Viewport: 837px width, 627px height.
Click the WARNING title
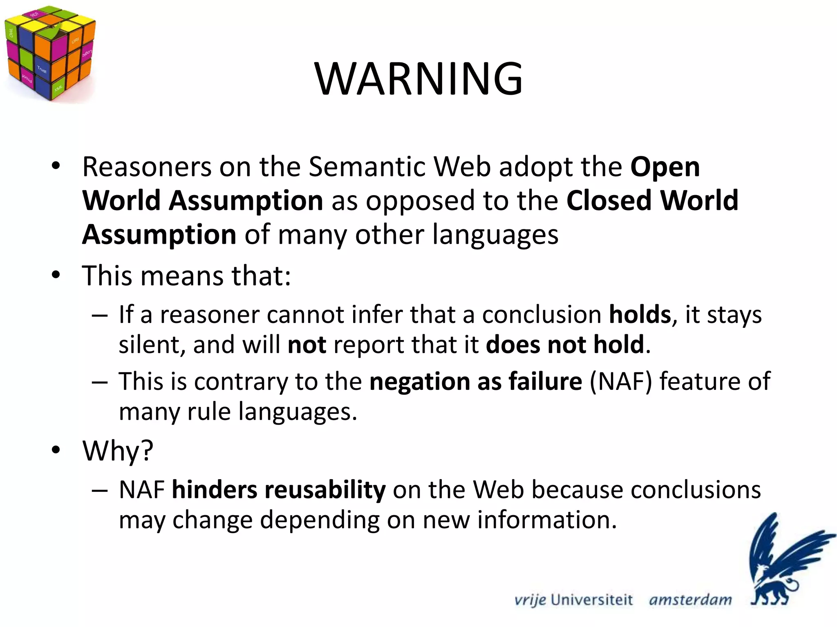pyautogui.click(x=418, y=78)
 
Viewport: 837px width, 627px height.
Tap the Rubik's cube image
pyautogui.click(x=50, y=53)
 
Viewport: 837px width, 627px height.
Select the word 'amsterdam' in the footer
pyautogui.click(x=690, y=600)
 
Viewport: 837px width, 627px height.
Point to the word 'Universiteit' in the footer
pyautogui.click(x=591, y=600)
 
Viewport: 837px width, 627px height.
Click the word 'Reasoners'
pyautogui.click(x=146, y=167)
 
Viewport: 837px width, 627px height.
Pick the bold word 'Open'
pyautogui.click(x=665, y=167)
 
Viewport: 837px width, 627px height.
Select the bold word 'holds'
pyautogui.click(x=640, y=315)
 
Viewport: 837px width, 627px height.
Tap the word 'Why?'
pyautogui.click(x=118, y=451)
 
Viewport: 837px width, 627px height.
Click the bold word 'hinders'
pyautogui.click(x=214, y=490)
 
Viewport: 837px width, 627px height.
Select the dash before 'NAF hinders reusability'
pyautogui.click(x=100, y=490)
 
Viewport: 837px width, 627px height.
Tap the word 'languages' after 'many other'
pyautogui.click(x=495, y=236)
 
